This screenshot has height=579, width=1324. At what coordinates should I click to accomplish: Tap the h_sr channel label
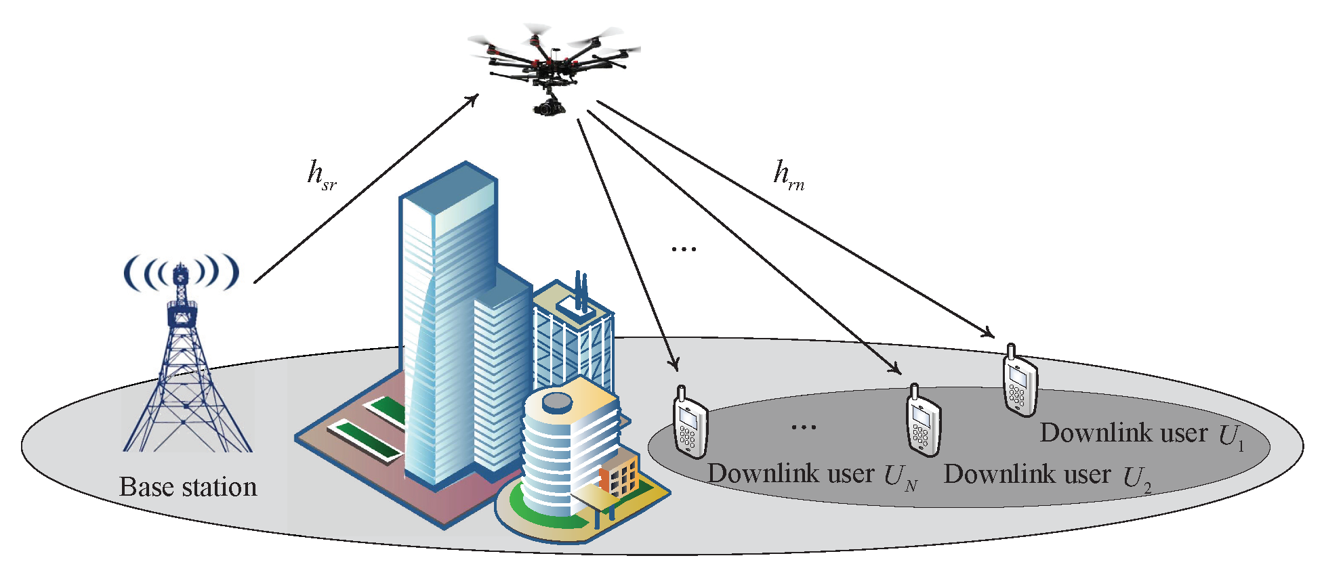[x=321, y=175]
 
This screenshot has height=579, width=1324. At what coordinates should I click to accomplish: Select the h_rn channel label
[x=789, y=175]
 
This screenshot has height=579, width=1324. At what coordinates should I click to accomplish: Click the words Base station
[x=188, y=487]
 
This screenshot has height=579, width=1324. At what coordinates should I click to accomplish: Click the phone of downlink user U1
[x=1020, y=382]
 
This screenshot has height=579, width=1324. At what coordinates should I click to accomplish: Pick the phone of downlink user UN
[x=690, y=424]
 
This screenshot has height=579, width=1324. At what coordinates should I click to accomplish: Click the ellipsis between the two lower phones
[x=804, y=427]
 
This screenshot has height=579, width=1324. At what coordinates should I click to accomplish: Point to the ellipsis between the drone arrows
[x=684, y=249]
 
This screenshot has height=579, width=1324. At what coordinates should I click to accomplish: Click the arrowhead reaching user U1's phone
[x=989, y=333]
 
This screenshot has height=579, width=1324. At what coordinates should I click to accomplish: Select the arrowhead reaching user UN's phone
[x=674, y=365]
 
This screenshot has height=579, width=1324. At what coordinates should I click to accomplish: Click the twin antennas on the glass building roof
[x=581, y=291]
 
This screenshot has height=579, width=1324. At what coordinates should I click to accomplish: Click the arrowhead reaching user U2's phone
[x=896, y=369]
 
